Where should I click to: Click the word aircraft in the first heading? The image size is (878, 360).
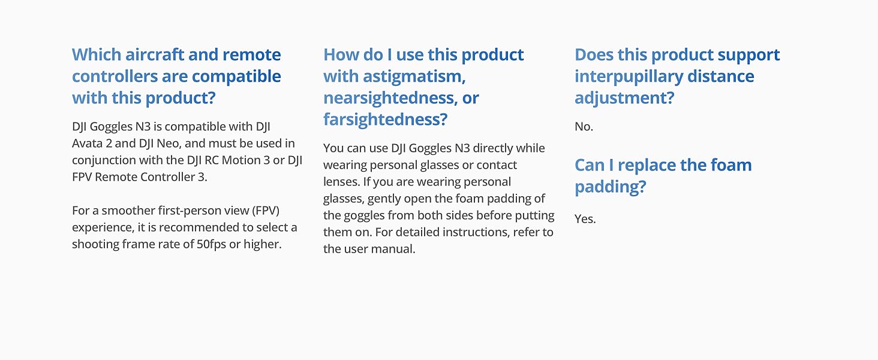[155, 55]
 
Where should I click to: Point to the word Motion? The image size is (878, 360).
[240, 160]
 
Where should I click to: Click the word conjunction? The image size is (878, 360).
[103, 161]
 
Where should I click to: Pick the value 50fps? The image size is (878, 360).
[211, 244]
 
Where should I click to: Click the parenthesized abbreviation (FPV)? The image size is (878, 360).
[266, 211]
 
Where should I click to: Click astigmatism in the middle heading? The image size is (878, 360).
[414, 77]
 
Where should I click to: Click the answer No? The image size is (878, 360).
[584, 127]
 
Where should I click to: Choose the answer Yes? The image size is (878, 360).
[585, 219]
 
